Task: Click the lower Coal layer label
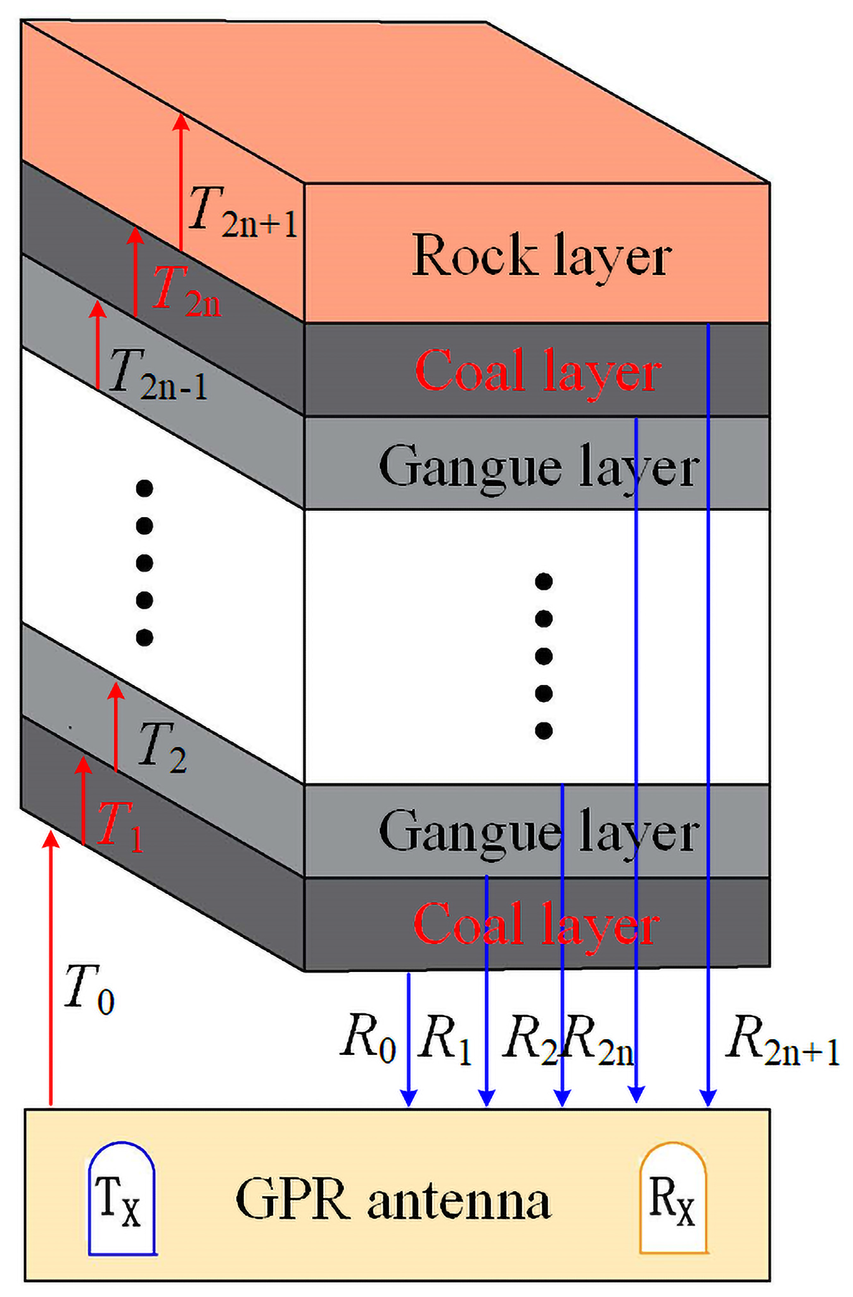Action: point(536,926)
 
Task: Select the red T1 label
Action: point(120,827)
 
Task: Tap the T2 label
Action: point(162,748)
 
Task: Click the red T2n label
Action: point(187,291)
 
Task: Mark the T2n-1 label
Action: point(158,375)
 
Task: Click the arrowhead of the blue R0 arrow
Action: point(409,1098)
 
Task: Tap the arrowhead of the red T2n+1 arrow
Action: point(181,121)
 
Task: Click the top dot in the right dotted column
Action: point(543,581)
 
